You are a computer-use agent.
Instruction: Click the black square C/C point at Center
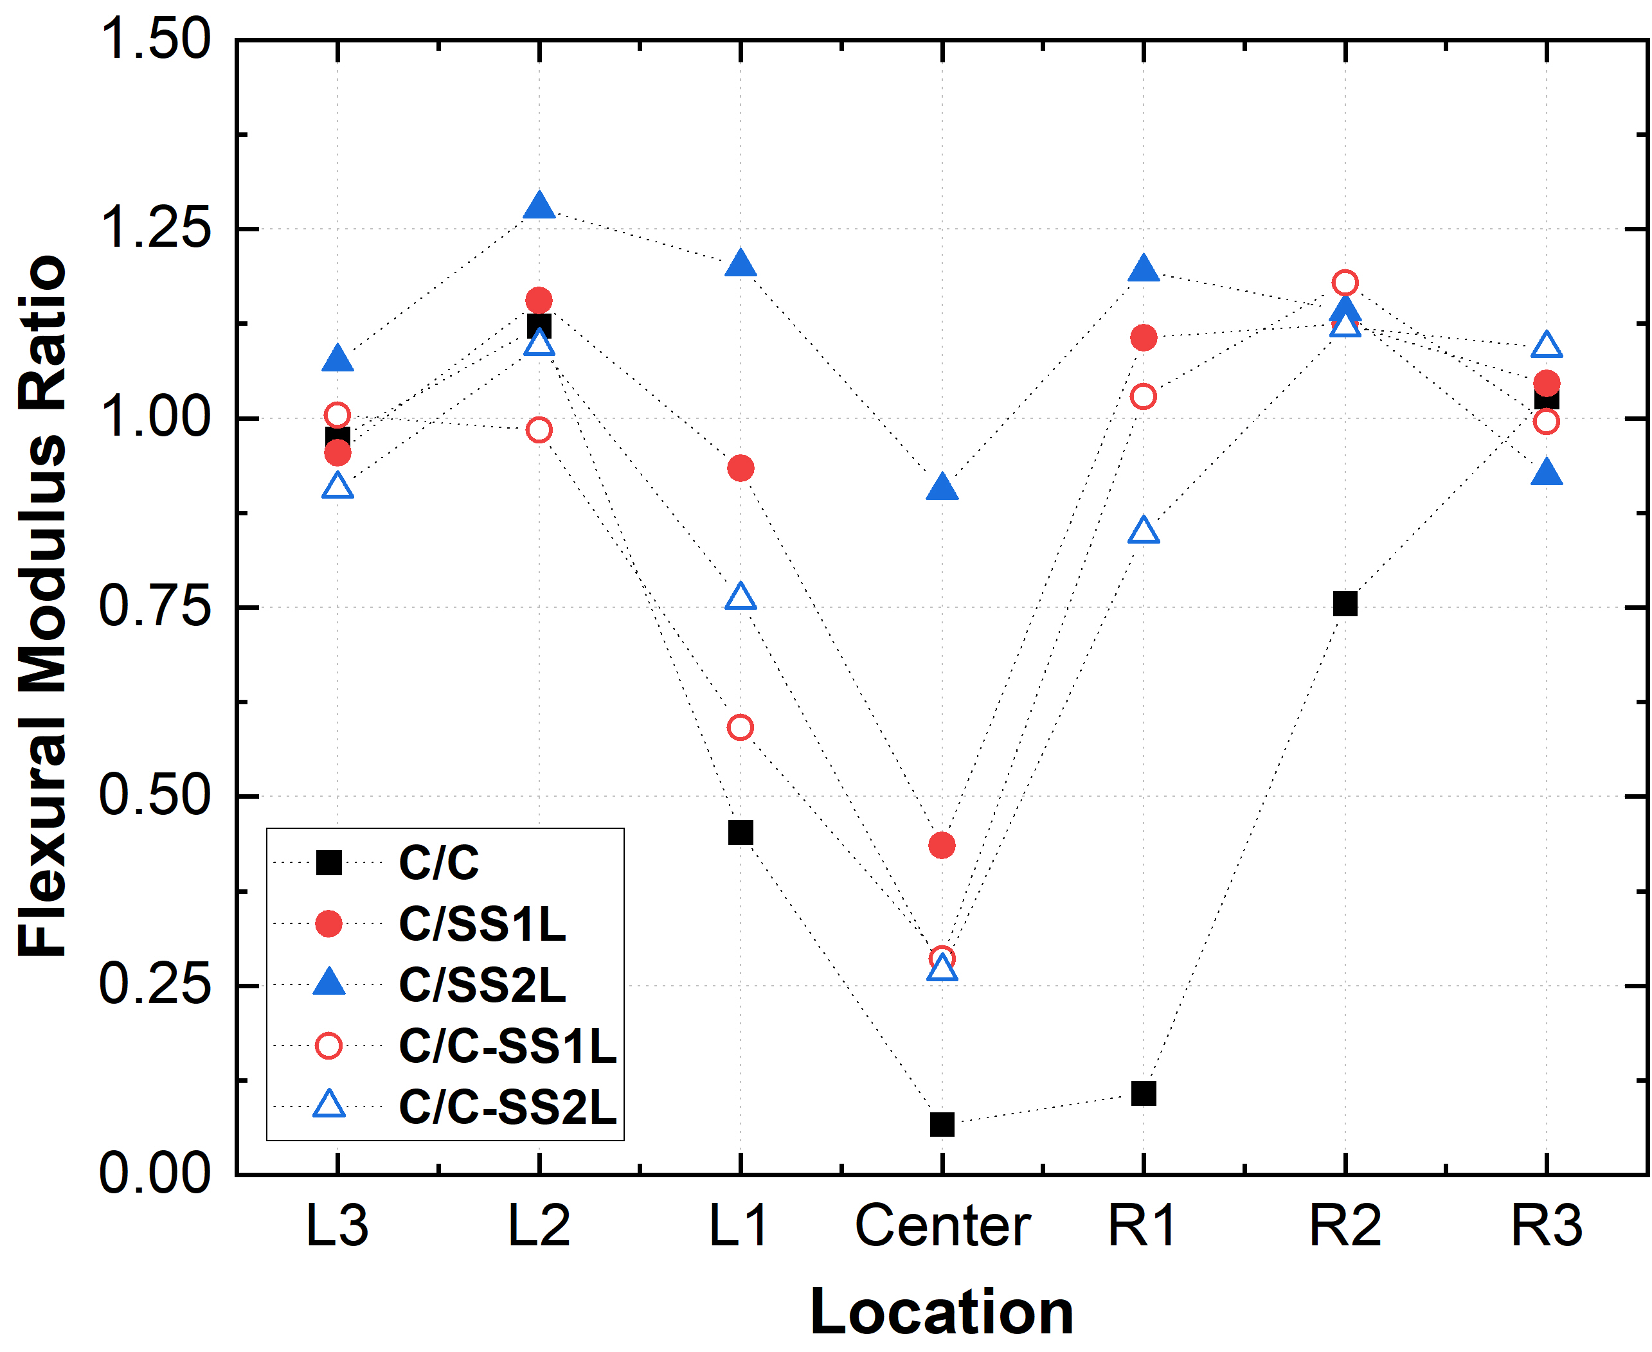pos(942,1124)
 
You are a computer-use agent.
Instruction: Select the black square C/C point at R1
pos(1143,1094)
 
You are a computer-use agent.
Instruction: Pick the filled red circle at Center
pos(942,845)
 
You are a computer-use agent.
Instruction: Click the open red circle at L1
pos(740,727)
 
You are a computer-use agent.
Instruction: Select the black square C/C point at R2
pos(1344,603)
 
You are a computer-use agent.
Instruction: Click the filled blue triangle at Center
pos(942,488)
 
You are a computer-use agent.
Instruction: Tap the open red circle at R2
pos(1344,282)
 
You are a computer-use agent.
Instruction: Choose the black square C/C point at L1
pos(740,833)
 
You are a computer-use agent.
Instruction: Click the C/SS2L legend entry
pos(481,985)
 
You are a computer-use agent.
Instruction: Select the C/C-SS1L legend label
pos(507,1046)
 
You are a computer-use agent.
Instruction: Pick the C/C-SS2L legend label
pos(507,1107)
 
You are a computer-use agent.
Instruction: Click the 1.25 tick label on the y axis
pos(155,229)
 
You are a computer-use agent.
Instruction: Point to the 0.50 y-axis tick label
pos(155,796)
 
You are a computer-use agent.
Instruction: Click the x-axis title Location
pos(942,1313)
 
